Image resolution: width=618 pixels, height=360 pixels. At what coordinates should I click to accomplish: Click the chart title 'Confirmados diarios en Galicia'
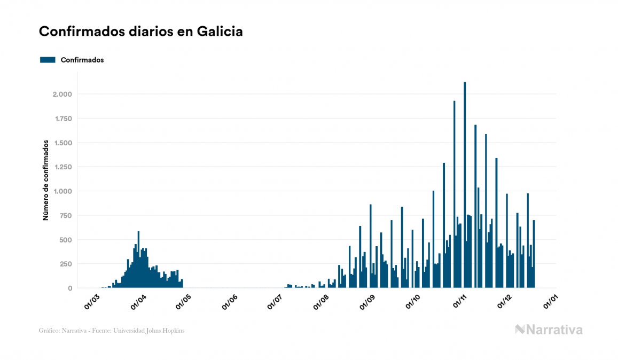click(x=141, y=32)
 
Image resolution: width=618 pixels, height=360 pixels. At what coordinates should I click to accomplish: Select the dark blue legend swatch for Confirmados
click(x=48, y=60)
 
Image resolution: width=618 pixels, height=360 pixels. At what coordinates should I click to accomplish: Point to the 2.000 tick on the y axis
click(x=62, y=95)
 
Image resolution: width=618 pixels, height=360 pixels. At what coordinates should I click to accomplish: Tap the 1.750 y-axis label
click(x=62, y=119)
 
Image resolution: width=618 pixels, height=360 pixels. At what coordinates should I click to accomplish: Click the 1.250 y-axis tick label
click(x=62, y=167)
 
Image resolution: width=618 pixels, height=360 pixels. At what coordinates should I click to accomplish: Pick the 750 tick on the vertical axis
click(x=66, y=215)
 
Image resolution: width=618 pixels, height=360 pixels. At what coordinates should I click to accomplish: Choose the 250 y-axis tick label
click(x=66, y=264)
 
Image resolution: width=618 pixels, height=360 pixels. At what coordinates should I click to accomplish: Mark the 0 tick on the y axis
click(x=71, y=288)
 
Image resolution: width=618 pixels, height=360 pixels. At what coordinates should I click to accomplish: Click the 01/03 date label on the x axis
click(x=92, y=302)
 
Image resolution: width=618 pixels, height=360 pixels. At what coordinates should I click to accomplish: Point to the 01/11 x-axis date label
click(x=460, y=302)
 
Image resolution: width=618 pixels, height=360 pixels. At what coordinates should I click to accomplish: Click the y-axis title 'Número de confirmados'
click(x=46, y=180)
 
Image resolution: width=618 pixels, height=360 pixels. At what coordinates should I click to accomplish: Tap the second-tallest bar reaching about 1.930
click(x=455, y=192)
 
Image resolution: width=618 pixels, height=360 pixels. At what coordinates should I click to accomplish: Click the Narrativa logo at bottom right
click(x=549, y=330)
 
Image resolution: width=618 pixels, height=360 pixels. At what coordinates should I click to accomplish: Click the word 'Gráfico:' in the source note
click(x=49, y=331)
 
